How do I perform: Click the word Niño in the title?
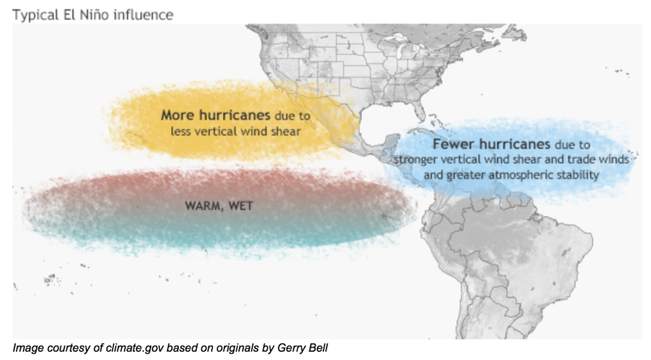pyautogui.click(x=95, y=15)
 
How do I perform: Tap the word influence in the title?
pyautogui.click(x=144, y=15)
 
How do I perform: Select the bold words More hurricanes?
pyautogui.click(x=216, y=114)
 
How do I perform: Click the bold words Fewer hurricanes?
pyautogui.click(x=491, y=144)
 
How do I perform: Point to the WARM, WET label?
pyautogui.click(x=219, y=205)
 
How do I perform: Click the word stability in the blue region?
pyautogui.click(x=577, y=175)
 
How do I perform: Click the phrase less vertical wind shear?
pyautogui.click(x=235, y=131)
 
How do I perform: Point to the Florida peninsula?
pyautogui.click(x=420, y=109)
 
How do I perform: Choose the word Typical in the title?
pyautogui.click(x=36, y=15)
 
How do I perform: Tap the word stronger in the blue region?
pyautogui.click(x=416, y=160)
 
